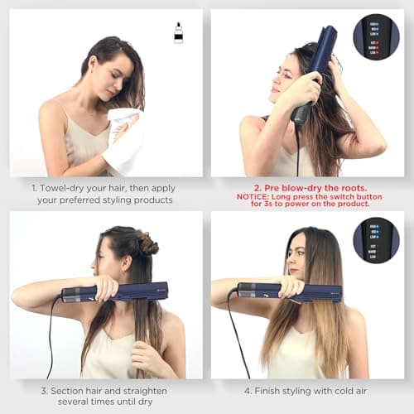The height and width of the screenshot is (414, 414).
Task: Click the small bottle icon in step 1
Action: pyautogui.click(x=178, y=33)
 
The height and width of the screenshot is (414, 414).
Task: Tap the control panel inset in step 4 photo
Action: pyautogui.click(x=377, y=240)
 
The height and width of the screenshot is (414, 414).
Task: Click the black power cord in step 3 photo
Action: pyautogui.click(x=55, y=331)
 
